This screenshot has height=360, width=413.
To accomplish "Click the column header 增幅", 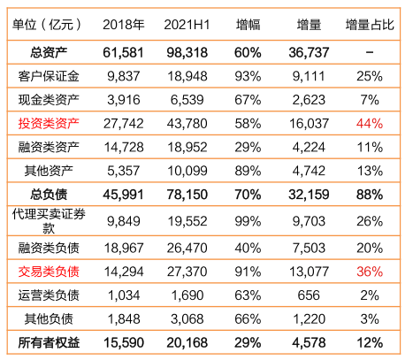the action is (248, 25).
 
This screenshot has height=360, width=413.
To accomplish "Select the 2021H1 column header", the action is (187, 25).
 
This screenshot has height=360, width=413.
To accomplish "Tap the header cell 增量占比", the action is (370, 25).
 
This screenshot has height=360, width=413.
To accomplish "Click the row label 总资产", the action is (49, 52).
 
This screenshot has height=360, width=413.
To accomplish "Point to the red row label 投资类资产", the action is (49, 123).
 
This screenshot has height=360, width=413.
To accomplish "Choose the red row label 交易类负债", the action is (49, 272).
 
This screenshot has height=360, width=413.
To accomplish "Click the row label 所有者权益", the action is (49, 342).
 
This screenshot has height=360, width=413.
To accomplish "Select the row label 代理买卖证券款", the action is (49, 221).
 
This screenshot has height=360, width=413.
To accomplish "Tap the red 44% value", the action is (370, 123).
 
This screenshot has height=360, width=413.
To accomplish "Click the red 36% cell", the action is (370, 272).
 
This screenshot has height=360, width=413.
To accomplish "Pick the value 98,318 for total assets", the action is (187, 52).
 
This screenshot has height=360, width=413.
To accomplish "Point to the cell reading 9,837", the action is (124, 76).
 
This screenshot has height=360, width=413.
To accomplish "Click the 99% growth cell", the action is (248, 221).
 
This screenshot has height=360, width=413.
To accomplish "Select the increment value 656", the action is (309, 295).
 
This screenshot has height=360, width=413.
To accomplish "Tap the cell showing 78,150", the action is (187, 195).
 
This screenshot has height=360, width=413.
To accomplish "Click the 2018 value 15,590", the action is (124, 342).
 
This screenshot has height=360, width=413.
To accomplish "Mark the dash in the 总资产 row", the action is (370, 52).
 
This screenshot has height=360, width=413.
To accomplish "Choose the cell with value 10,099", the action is (187, 171).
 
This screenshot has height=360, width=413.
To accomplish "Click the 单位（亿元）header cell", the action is (47, 25).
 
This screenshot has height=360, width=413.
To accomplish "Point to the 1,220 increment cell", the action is (309, 319).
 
